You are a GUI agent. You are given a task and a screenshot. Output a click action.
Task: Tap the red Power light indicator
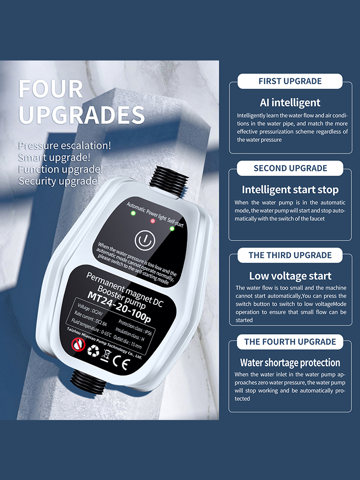153,221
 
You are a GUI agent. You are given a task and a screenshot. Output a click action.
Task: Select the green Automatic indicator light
133,213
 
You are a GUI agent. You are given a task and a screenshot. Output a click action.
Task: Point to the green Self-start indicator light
172,228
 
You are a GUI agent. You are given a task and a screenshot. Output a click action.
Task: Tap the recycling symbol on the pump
94,350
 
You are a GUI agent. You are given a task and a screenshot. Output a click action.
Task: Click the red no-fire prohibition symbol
78,345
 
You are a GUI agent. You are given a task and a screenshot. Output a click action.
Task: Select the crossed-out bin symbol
106,356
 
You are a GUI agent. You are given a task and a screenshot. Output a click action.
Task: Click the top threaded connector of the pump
168,181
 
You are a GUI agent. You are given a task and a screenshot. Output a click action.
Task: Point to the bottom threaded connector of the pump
88,382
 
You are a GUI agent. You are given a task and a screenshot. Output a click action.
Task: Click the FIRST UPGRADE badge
290,81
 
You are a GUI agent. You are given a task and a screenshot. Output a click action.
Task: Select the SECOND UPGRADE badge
290,168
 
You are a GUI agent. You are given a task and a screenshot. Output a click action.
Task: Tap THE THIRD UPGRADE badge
290,255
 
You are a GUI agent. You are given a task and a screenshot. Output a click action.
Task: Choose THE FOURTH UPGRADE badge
290,342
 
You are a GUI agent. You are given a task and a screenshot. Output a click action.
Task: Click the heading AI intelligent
290,103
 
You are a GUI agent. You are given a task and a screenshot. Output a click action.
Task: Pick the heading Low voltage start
290,276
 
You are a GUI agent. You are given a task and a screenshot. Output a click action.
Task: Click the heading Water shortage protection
290,363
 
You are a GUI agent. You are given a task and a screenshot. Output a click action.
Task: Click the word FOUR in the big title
51,89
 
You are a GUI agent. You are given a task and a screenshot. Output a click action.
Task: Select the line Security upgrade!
59,181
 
